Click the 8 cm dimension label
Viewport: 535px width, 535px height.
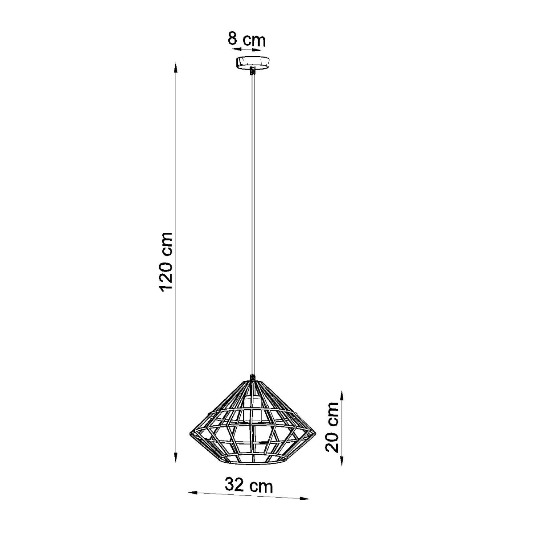[x=247, y=39]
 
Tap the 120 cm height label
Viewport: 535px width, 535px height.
[x=166, y=262]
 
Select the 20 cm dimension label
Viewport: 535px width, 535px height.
[x=333, y=427]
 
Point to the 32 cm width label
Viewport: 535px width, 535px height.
[x=248, y=486]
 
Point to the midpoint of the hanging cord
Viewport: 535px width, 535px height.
[x=253, y=223]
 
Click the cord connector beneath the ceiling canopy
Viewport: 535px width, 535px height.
[x=253, y=71]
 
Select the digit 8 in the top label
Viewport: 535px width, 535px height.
[x=232, y=39]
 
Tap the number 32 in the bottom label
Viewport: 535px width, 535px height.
[x=235, y=485]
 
